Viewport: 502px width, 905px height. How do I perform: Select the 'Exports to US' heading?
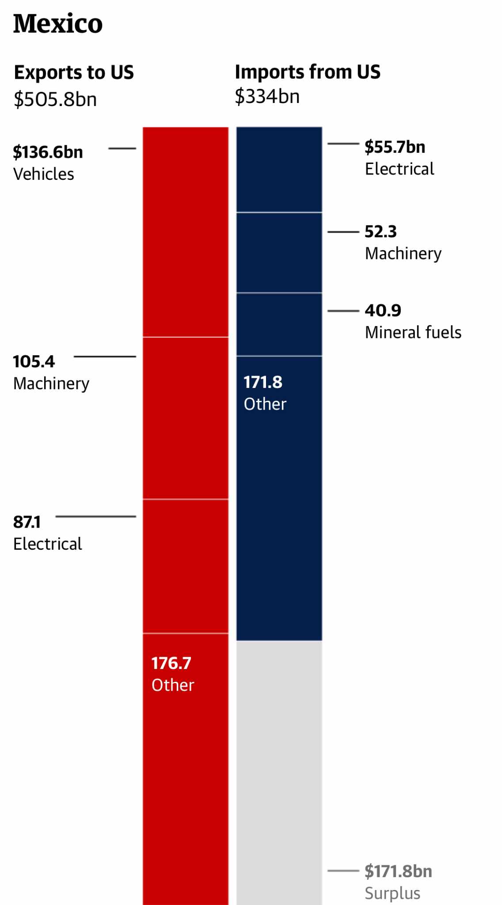click(74, 72)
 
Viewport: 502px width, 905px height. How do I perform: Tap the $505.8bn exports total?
click(55, 99)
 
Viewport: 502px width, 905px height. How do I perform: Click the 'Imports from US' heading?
click(308, 72)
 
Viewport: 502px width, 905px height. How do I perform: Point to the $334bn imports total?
click(267, 96)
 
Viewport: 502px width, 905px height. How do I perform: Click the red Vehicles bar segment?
click(186, 232)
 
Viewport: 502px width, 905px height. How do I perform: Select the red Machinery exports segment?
click(186, 418)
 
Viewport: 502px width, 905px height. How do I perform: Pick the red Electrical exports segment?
click(186, 566)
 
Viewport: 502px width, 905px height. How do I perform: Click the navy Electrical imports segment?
click(279, 169)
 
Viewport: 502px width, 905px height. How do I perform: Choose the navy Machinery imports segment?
click(279, 252)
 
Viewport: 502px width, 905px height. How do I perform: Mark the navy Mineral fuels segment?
click(279, 324)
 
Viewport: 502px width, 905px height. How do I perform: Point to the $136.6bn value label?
click(48, 152)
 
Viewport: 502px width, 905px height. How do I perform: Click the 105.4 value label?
click(34, 361)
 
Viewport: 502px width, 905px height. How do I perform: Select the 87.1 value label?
click(27, 522)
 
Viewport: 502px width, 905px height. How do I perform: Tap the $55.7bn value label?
click(395, 147)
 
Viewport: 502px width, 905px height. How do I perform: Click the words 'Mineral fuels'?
click(413, 332)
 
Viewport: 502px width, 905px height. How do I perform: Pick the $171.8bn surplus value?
click(398, 871)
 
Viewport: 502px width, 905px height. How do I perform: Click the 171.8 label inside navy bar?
click(263, 382)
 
